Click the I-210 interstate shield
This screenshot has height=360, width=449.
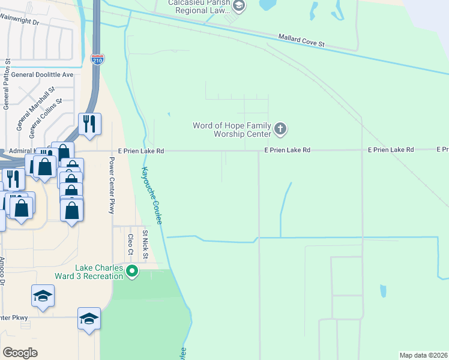97,59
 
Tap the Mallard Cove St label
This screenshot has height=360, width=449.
301,40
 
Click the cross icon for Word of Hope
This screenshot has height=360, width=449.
280,129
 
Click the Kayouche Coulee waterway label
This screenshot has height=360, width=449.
151,195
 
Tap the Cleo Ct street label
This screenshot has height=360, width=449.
130,244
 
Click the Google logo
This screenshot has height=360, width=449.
20,353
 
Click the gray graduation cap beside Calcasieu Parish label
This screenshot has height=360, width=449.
239,7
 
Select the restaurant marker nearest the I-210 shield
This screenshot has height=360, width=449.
89,125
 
